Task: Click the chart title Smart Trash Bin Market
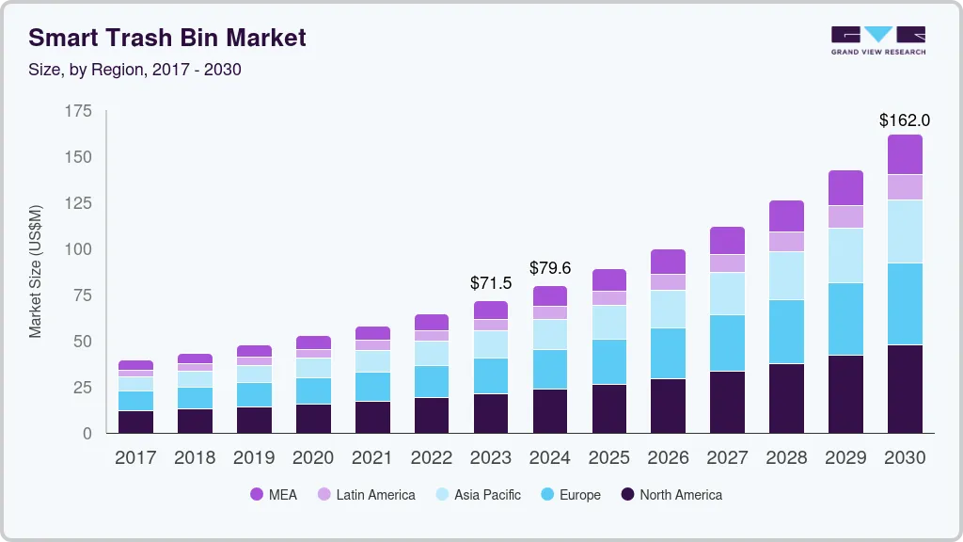click(167, 39)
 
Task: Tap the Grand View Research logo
click(877, 40)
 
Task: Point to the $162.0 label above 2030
click(904, 120)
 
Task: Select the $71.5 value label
click(491, 282)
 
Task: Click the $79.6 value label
click(550, 268)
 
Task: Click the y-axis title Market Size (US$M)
click(36, 271)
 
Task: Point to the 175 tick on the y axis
click(79, 112)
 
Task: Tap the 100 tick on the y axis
click(79, 249)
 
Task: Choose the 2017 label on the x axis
click(135, 458)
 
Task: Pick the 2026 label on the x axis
click(668, 458)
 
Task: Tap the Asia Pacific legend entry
click(477, 495)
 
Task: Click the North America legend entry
click(671, 495)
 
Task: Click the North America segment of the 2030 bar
click(905, 389)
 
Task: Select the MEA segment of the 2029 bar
click(845, 188)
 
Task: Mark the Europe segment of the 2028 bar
click(786, 331)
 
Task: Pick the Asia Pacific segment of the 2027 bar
click(727, 294)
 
